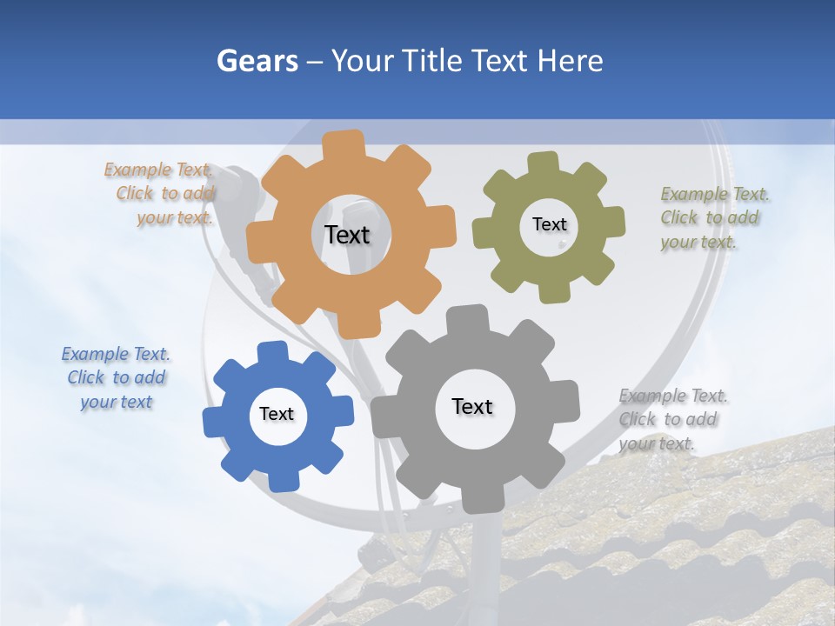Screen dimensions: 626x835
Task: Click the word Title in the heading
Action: pyautogui.click(x=430, y=61)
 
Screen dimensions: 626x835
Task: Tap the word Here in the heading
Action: pyautogui.click(x=570, y=61)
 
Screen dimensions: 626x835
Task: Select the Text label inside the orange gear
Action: pyautogui.click(x=347, y=235)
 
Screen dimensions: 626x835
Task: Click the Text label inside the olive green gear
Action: pyautogui.click(x=549, y=224)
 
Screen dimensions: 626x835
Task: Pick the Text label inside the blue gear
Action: pyautogui.click(x=277, y=414)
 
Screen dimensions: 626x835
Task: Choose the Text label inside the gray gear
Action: pyautogui.click(x=472, y=406)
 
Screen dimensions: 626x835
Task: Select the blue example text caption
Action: pyautogui.click(x=117, y=378)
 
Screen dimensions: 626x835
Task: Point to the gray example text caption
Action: pyautogui.click(x=672, y=419)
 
